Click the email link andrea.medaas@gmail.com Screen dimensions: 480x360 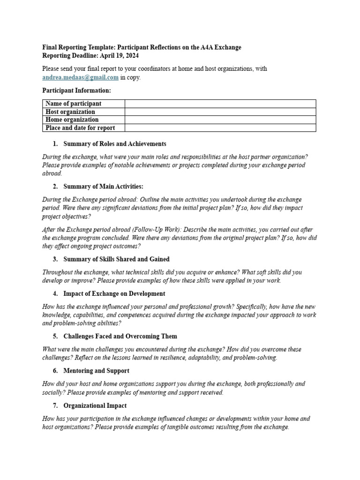80,78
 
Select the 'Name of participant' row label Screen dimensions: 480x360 73,104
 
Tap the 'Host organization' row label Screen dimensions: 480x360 70,112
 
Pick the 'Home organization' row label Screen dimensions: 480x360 72,120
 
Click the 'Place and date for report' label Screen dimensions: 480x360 80,128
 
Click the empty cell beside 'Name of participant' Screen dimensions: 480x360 220,104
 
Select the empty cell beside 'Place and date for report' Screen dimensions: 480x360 220,128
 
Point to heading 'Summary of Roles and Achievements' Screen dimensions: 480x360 114,144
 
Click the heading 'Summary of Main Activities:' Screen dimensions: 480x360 103,187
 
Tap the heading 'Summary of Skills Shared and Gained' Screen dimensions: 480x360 116,259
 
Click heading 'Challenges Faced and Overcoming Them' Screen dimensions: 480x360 120,337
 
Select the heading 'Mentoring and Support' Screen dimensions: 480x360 96,371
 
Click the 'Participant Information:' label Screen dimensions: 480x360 77,90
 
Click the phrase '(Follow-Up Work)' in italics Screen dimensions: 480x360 157,230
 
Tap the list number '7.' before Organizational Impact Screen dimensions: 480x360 56,405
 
